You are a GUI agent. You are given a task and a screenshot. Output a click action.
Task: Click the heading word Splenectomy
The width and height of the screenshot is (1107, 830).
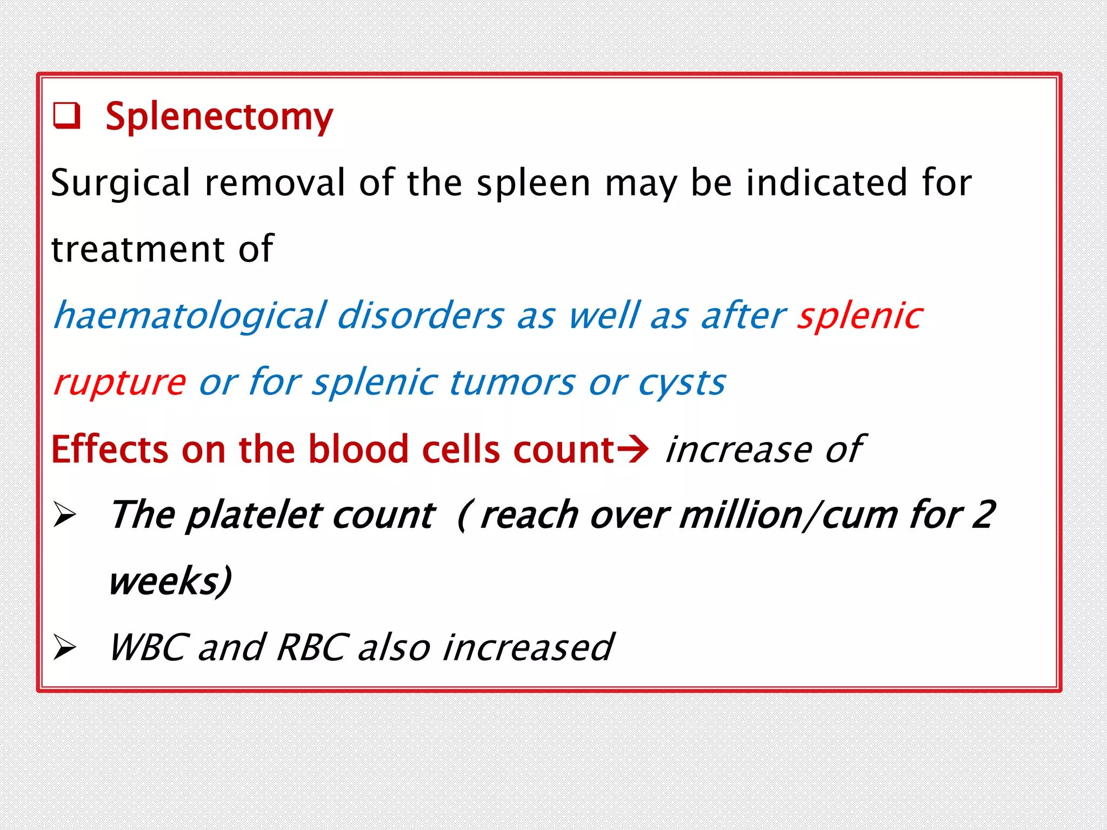(x=219, y=117)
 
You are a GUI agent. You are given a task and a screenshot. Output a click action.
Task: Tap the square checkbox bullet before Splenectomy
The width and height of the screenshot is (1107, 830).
(x=66, y=116)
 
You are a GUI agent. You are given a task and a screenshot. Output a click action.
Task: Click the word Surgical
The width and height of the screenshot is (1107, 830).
(x=121, y=183)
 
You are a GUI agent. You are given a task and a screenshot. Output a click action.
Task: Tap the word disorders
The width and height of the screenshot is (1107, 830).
(x=421, y=316)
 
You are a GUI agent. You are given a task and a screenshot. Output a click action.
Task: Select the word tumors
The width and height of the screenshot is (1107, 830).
(x=512, y=382)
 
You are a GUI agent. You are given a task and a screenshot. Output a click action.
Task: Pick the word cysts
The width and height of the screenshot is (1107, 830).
(x=682, y=382)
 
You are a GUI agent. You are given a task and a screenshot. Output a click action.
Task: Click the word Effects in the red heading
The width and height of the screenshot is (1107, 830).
(x=110, y=449)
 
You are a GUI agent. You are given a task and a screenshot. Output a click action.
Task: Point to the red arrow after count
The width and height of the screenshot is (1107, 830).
(x=632, y=449)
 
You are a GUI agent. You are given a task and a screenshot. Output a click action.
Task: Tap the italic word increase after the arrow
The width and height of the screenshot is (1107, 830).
(x=738, y=449)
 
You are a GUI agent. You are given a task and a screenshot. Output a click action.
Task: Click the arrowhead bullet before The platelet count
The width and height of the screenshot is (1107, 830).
(x=65, y=515)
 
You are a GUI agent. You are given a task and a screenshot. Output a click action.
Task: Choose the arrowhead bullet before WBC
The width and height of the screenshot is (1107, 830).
(x=65, y=647)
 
